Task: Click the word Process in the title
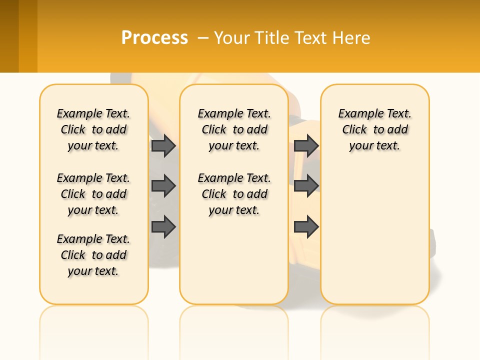click(154, 38)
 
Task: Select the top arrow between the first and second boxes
click(163, 145)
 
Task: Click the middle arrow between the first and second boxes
click(163, 186)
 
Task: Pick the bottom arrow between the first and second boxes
click(163, 227)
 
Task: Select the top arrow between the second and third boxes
click(306, 145)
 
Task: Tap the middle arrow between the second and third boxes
click(306, 186)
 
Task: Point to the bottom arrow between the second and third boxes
click(306, 227)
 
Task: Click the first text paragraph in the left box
click(93, 129)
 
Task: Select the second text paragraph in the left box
click(93, 194)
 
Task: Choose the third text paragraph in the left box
click(93, 255)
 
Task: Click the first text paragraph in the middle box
click(234, 129)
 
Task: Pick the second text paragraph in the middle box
click(234, 194)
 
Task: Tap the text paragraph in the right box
click(375, 129)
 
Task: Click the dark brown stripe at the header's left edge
click(9, 36)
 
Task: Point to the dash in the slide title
click(203, 38)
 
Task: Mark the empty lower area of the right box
click(375, 235)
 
